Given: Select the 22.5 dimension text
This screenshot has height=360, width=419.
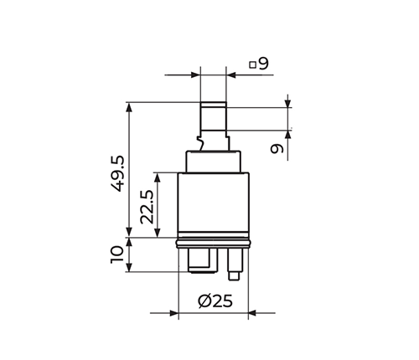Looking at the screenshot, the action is tap(147, 207).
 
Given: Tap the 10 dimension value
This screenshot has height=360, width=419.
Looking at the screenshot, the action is tap(117, 254).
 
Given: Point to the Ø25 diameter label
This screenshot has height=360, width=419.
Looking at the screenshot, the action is tap(215, 301).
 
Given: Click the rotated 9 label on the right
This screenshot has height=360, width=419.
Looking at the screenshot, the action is tap(277, 148).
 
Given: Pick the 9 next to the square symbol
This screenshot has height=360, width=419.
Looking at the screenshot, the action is tap(263, 64).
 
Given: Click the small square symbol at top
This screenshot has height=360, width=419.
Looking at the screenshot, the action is tap(253, 64).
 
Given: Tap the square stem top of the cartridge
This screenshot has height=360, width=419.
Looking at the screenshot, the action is tap(214, 116).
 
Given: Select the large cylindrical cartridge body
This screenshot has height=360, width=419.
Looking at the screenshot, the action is tap(214, 205).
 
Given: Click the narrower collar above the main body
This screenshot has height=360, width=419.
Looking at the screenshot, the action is tap(214, 162).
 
